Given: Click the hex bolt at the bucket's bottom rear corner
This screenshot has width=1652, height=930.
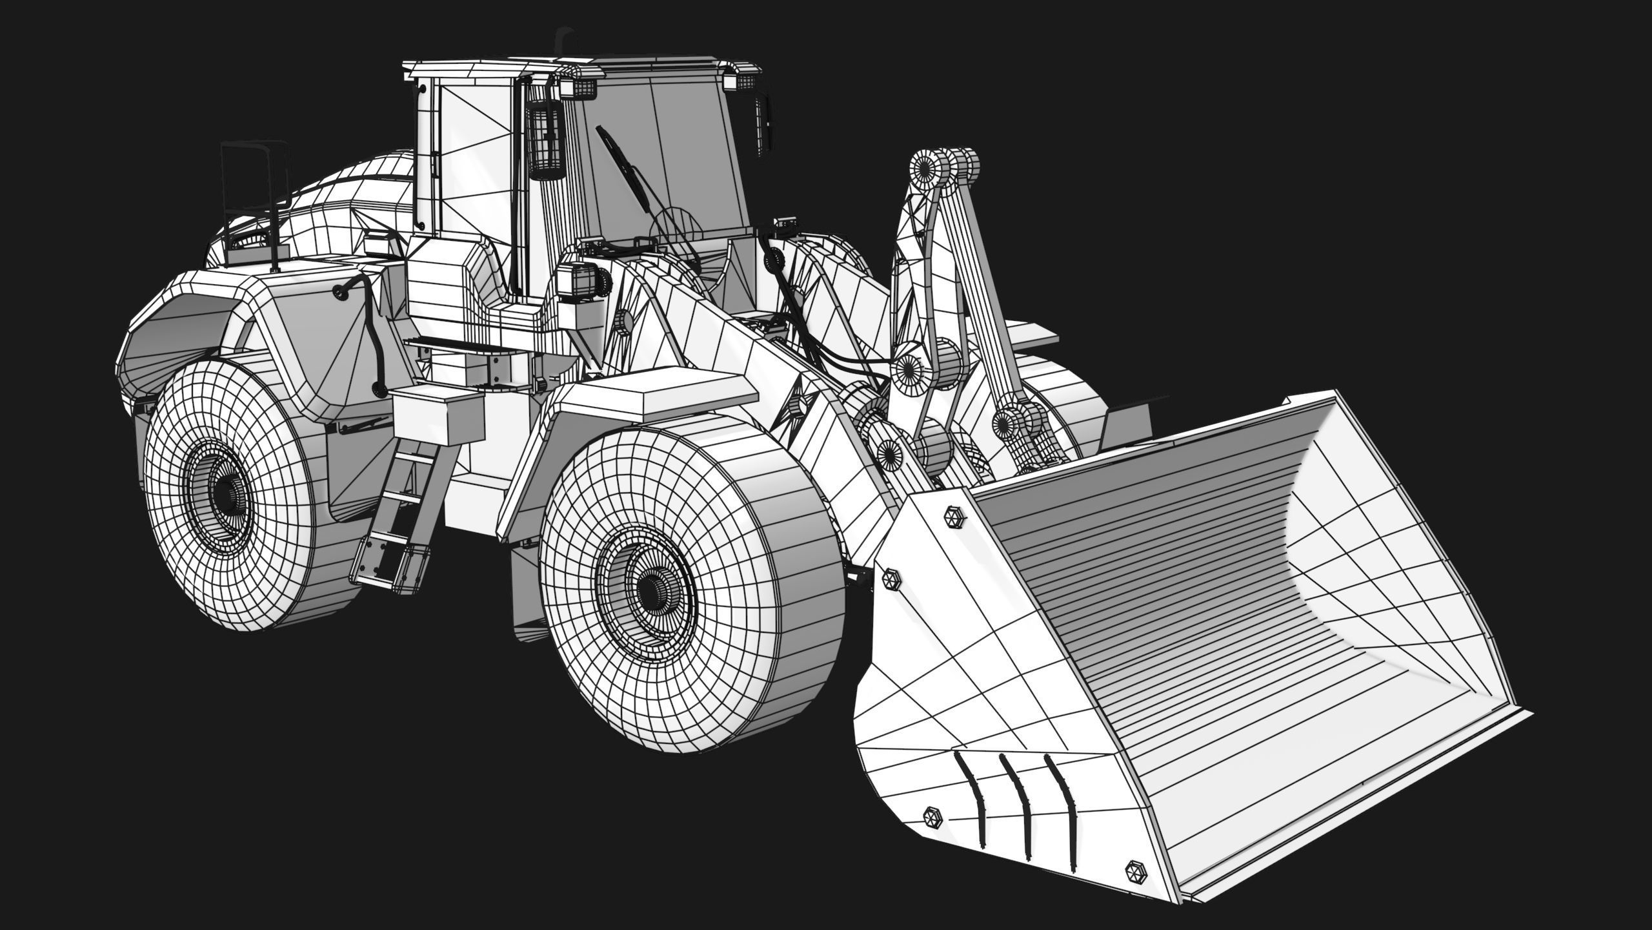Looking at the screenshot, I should coord(933,818).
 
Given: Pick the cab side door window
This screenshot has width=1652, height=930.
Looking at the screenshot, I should coord(474,161).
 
